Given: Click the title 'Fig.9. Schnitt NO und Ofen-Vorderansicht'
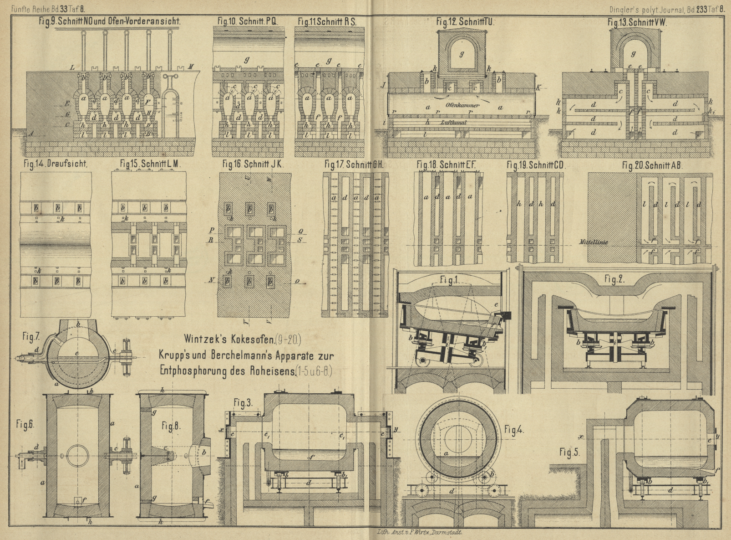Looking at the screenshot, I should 111,21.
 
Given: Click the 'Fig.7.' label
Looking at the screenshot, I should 30,337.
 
